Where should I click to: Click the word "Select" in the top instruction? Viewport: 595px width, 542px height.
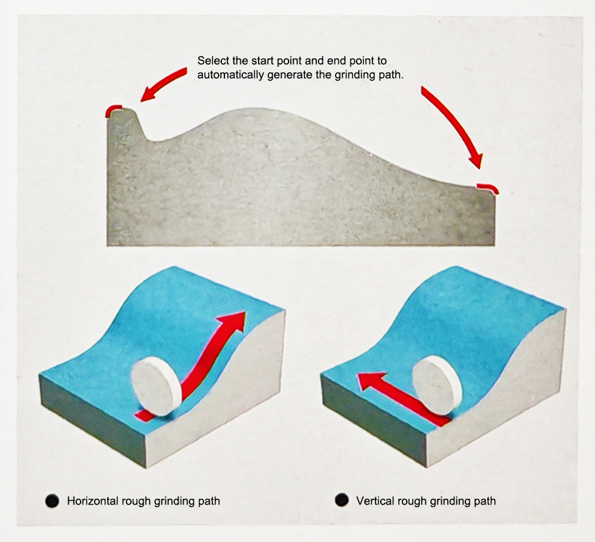point(211,61)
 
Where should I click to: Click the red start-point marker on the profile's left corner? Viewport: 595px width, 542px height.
point(113,110)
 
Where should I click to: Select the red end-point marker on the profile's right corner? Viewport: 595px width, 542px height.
point(489,187)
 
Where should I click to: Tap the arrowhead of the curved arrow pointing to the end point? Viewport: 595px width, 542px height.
point(477,161)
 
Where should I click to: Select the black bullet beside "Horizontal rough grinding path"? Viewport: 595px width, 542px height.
point(52,501)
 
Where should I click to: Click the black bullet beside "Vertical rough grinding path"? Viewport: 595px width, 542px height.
point(342,500)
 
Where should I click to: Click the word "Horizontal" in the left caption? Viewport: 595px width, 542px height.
point(93,501)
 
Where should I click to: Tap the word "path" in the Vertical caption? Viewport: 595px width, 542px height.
point(485,501)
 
